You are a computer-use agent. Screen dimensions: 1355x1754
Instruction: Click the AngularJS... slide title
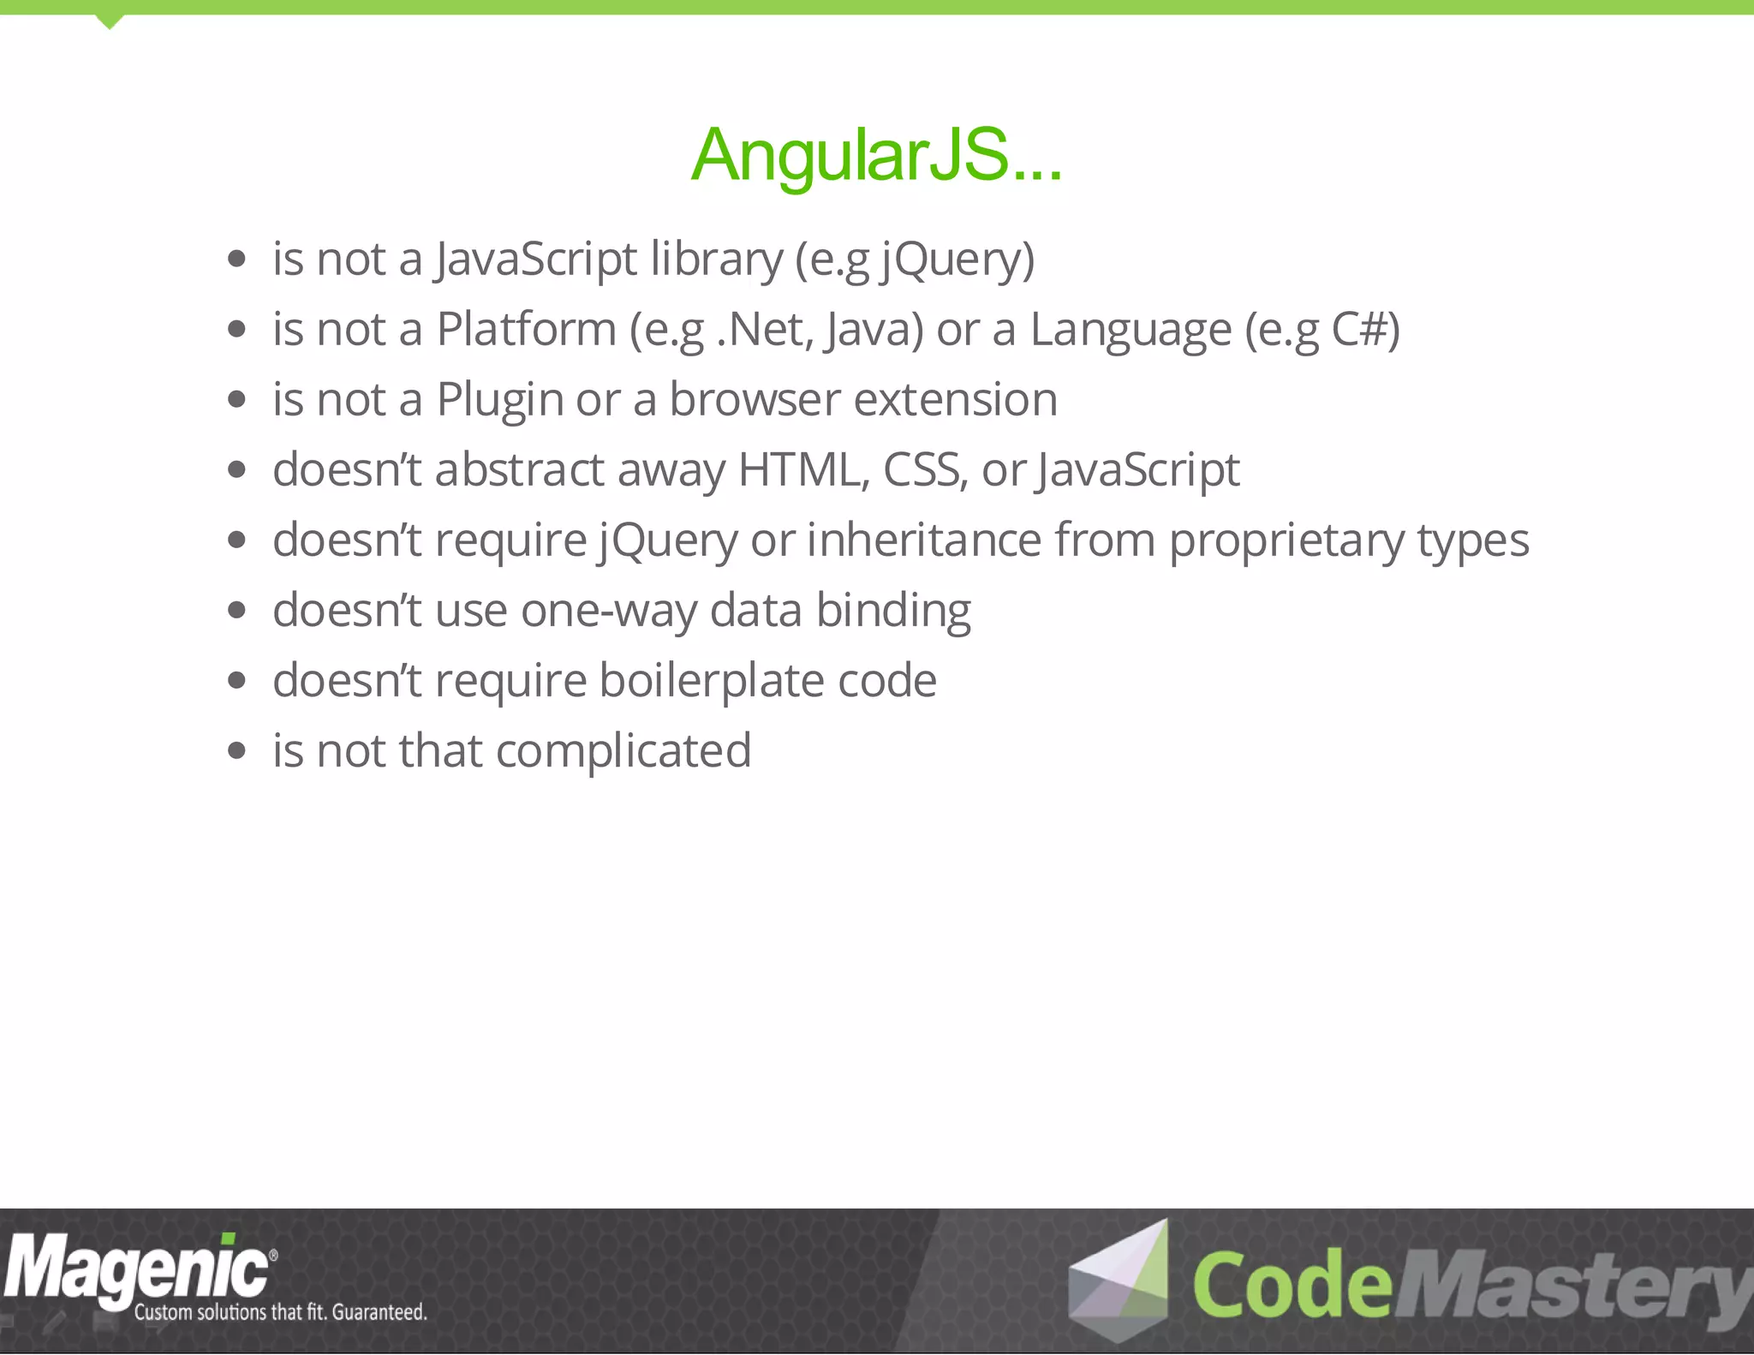[x=876, y=155]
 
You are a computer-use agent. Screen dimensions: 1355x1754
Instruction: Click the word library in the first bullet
[x=716, y=259]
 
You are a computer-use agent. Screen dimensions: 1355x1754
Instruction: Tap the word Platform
[x=526, y=329]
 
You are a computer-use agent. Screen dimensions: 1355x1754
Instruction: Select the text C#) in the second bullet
[x=1365, y=329]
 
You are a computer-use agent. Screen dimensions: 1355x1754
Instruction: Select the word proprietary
[x=1286, y=541]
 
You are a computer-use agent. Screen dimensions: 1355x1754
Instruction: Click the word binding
[x=892, y=611]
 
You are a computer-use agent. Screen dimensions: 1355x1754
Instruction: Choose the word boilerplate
[x=711, y=681]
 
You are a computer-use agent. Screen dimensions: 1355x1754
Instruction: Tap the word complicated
[x=623, y=751]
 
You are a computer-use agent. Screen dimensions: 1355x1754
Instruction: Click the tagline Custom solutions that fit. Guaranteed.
[x=280, y=1312]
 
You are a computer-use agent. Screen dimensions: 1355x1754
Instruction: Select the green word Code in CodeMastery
[x=1292, y=1285]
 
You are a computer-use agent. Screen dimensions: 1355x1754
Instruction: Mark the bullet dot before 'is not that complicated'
[x=237, y=751]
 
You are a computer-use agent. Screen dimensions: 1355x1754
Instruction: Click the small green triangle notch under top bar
[x=109, y=21]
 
